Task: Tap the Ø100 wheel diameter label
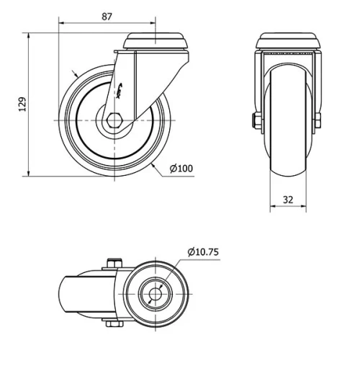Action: [181, 169]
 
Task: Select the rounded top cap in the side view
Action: [153, 41]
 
